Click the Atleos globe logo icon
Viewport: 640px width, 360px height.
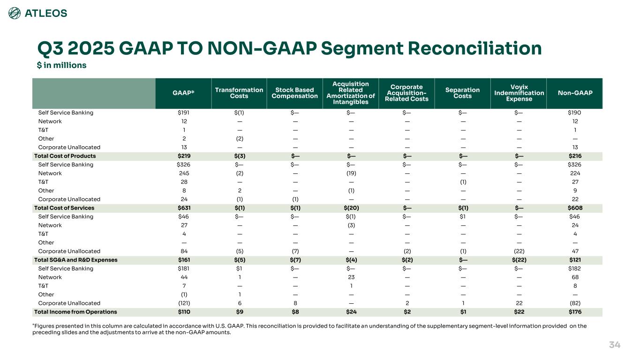click(x=15, y=13)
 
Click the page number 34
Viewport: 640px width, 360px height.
click(x=615, y=345)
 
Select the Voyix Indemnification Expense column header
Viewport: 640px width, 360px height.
click(x=519, y=93)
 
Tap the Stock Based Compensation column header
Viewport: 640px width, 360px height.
click(x=294, y=93)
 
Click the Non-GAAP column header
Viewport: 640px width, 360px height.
click(x=574, y=93)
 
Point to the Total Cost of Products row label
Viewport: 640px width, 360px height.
click(x=65, y=156)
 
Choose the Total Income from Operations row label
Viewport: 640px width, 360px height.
click(x=75, y=312)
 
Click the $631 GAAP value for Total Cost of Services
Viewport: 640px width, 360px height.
click(x=184, y=208)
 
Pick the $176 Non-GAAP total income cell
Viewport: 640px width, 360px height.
click(x=574, y=312)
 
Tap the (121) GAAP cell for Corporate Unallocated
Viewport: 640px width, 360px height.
click(x=184, y=303)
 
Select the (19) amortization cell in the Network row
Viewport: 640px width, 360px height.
click(x=351, y=173)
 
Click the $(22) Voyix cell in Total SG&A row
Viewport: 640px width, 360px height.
click(x=519, y=260)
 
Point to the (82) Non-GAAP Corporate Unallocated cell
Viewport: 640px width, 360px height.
click(x=574, y=303)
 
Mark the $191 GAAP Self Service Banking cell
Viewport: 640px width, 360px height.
click(x=184, y=112)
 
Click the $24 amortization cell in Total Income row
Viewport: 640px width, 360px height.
click(x=351, y=312)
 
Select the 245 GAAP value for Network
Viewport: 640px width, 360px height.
click(x=184, y=173)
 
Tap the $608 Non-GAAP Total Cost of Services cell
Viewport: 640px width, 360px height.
click(x=574, y=208)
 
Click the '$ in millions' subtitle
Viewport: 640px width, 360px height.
click(x=61, y=65)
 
